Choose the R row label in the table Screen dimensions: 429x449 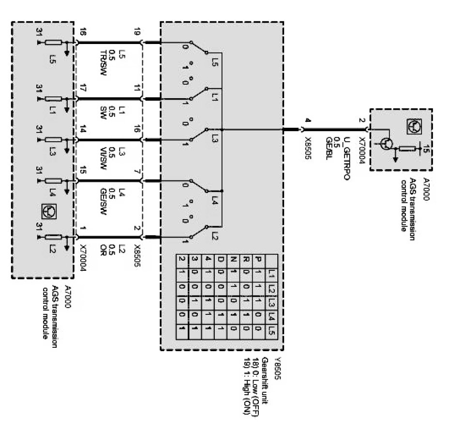[246, 262]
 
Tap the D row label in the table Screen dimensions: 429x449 [220, 262]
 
